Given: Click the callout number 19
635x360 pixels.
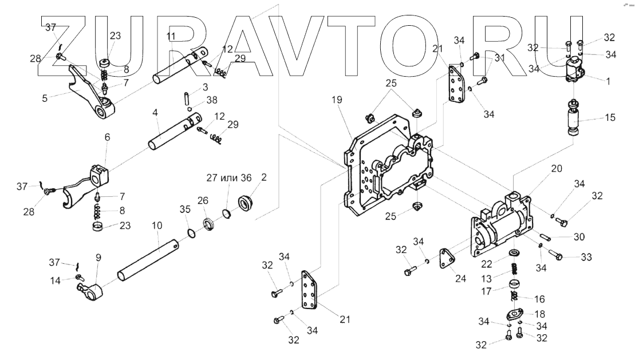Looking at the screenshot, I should (336, 100).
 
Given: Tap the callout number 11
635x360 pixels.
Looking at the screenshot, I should (171, 37).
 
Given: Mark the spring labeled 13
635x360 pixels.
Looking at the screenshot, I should (515, 268).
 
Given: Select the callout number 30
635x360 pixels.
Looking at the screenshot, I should (579, 236).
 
